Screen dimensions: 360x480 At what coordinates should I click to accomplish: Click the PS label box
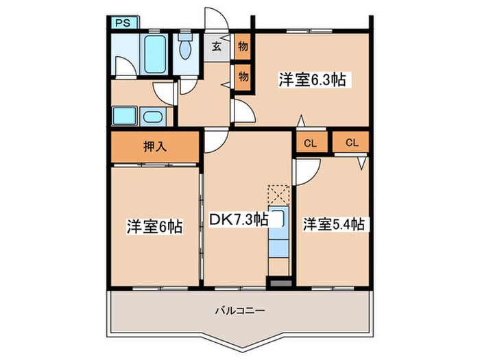[x=122, y=23]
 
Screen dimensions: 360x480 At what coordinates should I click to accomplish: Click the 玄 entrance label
[x=217, y=47]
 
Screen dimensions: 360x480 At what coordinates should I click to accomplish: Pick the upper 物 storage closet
[x=243, y=47]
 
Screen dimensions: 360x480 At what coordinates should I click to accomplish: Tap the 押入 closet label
[x=155, y=145]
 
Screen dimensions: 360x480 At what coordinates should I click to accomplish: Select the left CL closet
[x=310, y=143]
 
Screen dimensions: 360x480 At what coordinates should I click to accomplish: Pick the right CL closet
[x=352, y=143]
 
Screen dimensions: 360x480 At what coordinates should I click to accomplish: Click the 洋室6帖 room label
[x=154, y=226]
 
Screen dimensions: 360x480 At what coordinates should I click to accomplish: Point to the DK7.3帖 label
[x=238, y=219]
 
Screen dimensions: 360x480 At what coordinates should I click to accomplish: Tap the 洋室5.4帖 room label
[x=333, y=224]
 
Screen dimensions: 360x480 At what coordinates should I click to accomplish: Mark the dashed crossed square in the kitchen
[x=279, y=194]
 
